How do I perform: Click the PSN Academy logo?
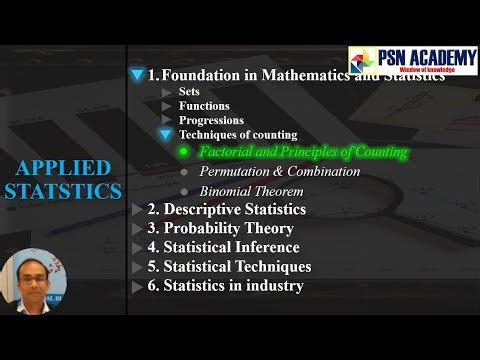pos(413,61)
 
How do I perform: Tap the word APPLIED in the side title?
pos(63,166)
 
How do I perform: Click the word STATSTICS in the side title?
pos(63,190)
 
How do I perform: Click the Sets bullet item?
pos(189,91)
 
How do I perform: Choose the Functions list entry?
pos(204,105)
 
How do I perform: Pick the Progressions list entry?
pos(211,120)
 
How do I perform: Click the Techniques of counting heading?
pos(237,135)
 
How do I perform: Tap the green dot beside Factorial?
pos(183,153)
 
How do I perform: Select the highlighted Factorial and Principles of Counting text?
pos(303,153)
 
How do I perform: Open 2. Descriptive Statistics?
pos(226,209)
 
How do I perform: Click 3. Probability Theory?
pos(219,228)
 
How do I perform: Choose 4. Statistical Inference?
pos(223,247)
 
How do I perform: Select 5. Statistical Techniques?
pos(229,267)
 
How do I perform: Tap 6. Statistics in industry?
pos(225,286)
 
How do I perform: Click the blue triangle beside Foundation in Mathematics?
pos(137,75)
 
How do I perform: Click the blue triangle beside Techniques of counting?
pos(166,135)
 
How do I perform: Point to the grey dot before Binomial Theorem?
pos(183,191)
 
